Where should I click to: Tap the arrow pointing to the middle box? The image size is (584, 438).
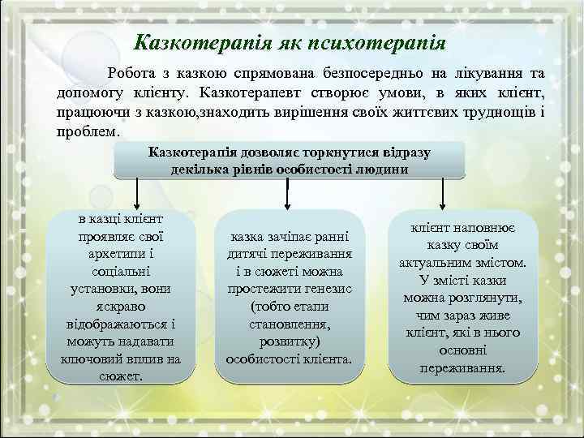(x=289, y=194)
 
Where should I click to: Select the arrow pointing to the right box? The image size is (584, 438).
(x=442, y=194)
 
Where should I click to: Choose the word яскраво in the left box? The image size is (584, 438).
(x=122, y=306)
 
